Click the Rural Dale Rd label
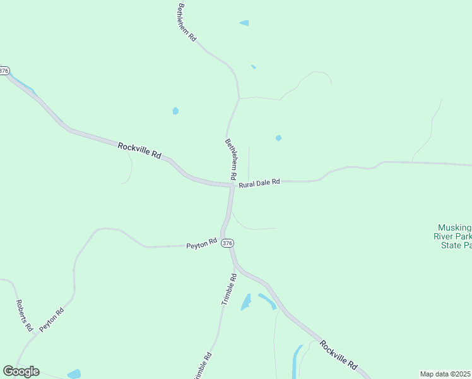(x=259, y=183)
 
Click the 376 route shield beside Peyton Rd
(x=228, y=243)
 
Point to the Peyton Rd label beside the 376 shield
(x=201, y=243)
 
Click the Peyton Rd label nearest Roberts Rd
(x=52, y=320)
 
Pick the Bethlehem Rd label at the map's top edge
(x=187, y=22)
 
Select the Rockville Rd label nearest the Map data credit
(x=339, y=355)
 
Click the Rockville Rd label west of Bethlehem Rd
(x=139, y=150)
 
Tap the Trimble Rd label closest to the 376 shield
(x=229, y=289)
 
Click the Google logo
(x=21, y=371)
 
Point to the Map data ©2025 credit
(x=445, y=374)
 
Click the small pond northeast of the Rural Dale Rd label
(x=278, y=138)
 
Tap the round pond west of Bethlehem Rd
(x=175, y=111)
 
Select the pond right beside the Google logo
(x=74, y=373)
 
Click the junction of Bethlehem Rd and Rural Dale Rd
(x=232, y=185)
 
